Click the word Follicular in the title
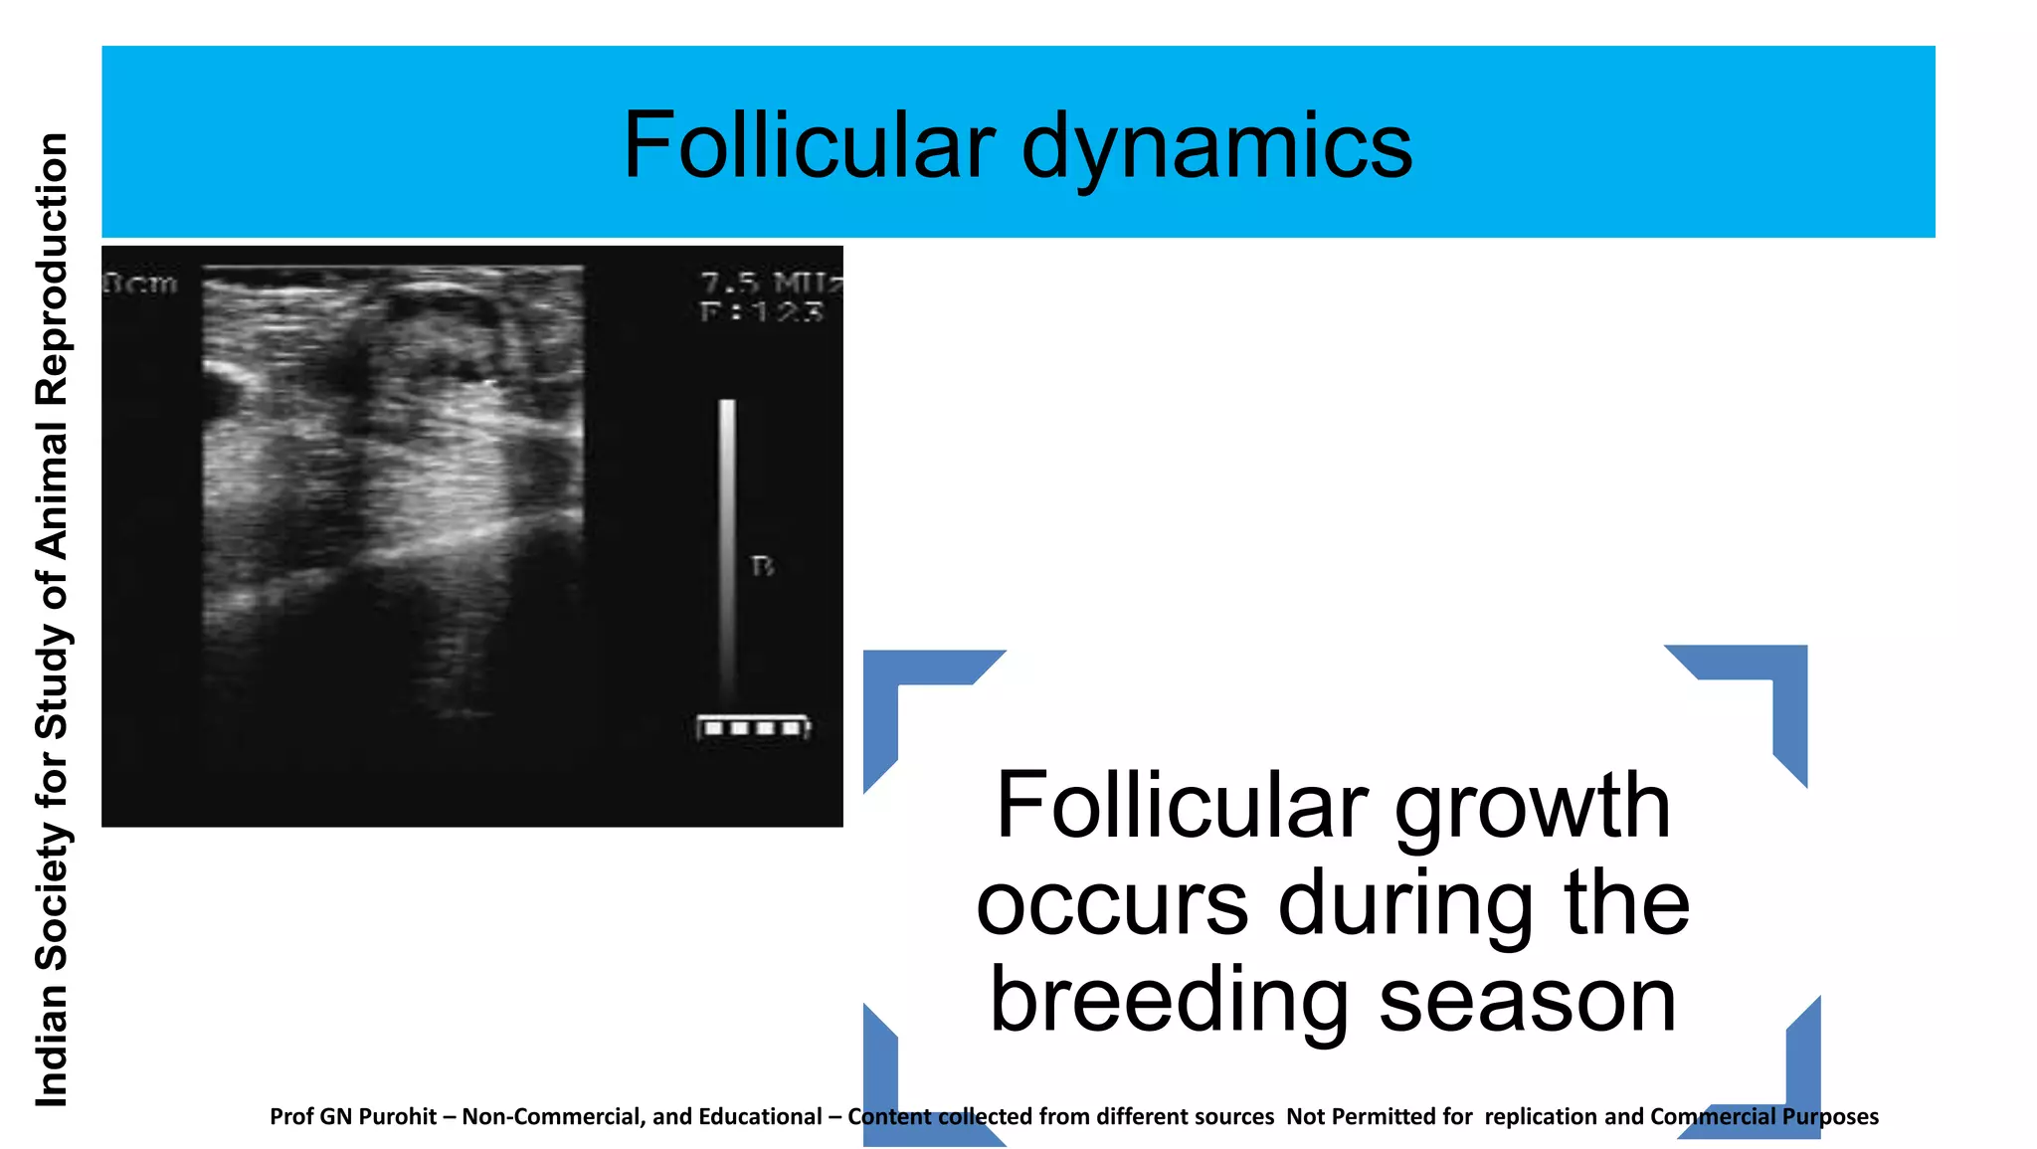click(808, 145)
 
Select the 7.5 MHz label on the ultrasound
click(770, 284)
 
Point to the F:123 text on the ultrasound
click(762, 312)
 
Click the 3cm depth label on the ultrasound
click(140, 284)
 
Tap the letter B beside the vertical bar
click(762, 566)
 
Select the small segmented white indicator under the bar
click(753, 728)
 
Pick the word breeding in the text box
click(1170, 1000)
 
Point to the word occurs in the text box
click(1111, 903)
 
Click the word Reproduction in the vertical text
click(52, 269)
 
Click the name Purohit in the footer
click(398, 1117)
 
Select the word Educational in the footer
click(760, 1117)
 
